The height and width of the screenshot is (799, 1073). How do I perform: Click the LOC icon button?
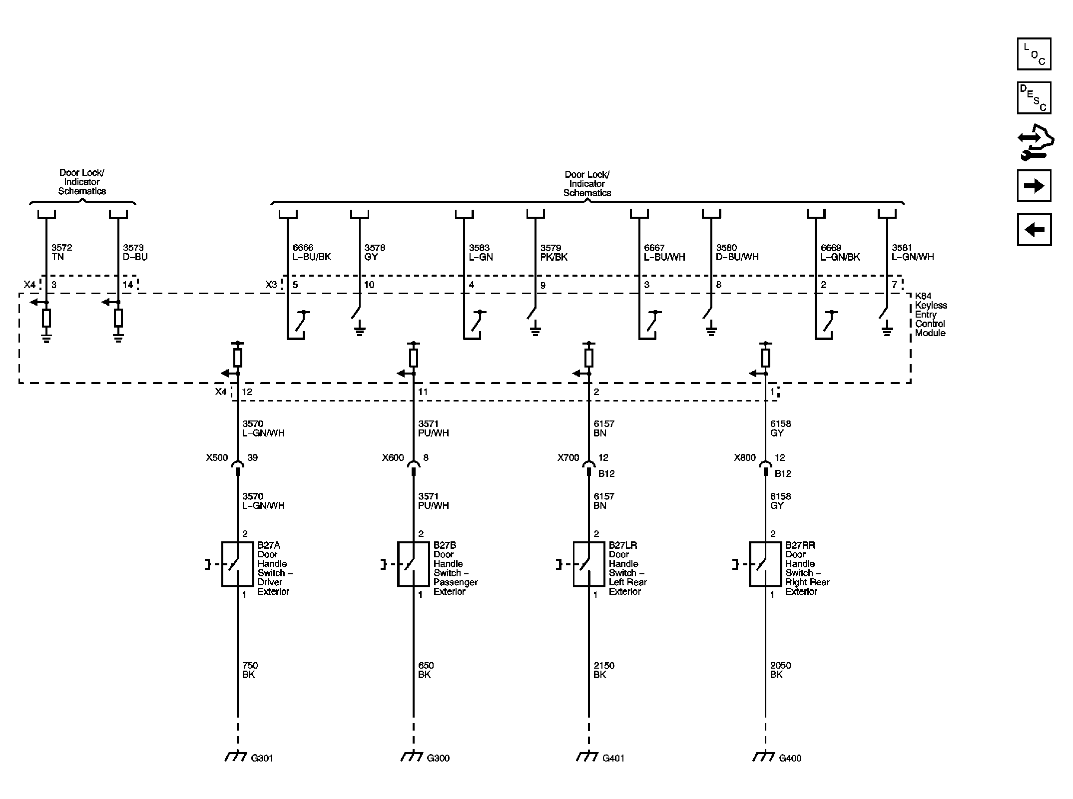pyautogui.click(x=1034, y=54)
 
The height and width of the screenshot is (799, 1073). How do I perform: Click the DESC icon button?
pyautogui.click(x=1034, y=98)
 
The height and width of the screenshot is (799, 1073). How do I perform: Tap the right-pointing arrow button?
pyautogui.click(x=1034, y=186)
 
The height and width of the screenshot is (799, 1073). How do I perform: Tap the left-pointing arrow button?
pyautogui.click(x=1034, y=230)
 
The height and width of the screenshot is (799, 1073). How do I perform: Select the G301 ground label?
pyautogui.click(x=262, y=758)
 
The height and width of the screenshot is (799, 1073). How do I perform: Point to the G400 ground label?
pyautogui.click(x=790, y=758)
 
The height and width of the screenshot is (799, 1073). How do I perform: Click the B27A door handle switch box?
pyautogui.click(x=237, y=564)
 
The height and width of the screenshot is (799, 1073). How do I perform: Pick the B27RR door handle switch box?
pyautogui.click(x=765, y=564)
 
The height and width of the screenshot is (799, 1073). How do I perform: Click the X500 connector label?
pyautogui.click(x=217, y=457)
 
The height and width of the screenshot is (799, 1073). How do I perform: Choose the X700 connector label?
pyautogui.click(x=568, y=457)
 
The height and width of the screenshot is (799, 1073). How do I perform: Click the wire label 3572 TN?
pyautogui.click(x=62, y=252)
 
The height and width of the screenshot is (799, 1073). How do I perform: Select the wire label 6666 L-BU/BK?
pyautogui.click(x=312, y=252)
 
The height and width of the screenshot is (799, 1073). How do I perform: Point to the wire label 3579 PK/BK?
pyautogui.click(x=554, y=252)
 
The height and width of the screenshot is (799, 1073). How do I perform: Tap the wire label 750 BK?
pyautogui.click(x=250, y=670)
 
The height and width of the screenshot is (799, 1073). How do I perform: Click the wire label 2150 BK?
pyautogui.click(x=604, y=670)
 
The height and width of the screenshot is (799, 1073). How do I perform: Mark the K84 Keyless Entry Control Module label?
pyautogui.click(x=931, y=315)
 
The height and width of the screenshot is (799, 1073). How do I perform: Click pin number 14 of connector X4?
pyautogui.click(x=128, y=285)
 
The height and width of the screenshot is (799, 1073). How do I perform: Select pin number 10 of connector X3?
pyautogui.click(x=369, y=285)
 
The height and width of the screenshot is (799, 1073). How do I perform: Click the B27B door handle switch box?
pyautogui.click(x=413, y=564)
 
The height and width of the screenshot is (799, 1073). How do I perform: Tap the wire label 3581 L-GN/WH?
pyautogui.click(x=913, y=252)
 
